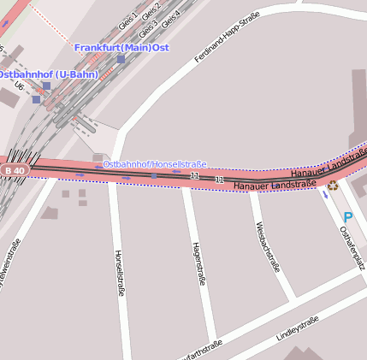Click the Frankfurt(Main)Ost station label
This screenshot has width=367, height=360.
coord(121,47)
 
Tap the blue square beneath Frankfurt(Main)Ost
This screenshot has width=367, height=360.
coord(121,59)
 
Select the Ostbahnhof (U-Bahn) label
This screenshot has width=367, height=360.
coord(48,74)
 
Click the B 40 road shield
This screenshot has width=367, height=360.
coord(15,170)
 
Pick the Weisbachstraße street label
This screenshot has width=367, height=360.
coord(268,245)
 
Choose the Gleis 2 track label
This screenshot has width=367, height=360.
coord(151,10)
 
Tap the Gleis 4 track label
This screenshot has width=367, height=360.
coord(170,18)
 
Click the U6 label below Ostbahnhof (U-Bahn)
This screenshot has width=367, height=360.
coord(19,86)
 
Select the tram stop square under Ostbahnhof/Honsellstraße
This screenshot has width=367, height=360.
coord(154,175)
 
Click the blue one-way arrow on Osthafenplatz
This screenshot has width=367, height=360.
coord(325,195)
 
